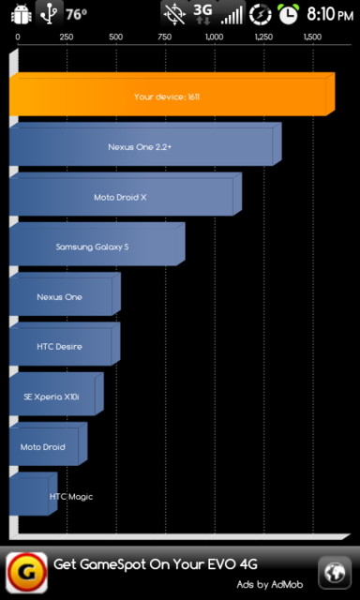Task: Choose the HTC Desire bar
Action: (x=61, y=346)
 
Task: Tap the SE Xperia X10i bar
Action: (x=52, y=397)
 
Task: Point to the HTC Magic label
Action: (x=71, y=496)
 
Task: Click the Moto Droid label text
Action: (x=43, y=447)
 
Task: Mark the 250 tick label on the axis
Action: (x=67, y=37)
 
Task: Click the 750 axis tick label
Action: (x=165, y=37)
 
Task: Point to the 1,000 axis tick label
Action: (x=214, y=37)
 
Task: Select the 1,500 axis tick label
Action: (x=312, y=37)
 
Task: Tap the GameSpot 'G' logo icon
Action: (x=26, y=570)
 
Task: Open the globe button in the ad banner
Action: (x=334, y=570)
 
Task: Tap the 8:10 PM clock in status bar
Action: (x=330, y=14)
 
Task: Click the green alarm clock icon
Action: (x=289, y=14)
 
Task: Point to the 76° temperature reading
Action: (x=76, y=14)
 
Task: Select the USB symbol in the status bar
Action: (x=47, y=14)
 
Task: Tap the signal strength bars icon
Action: (x=232, y=14)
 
